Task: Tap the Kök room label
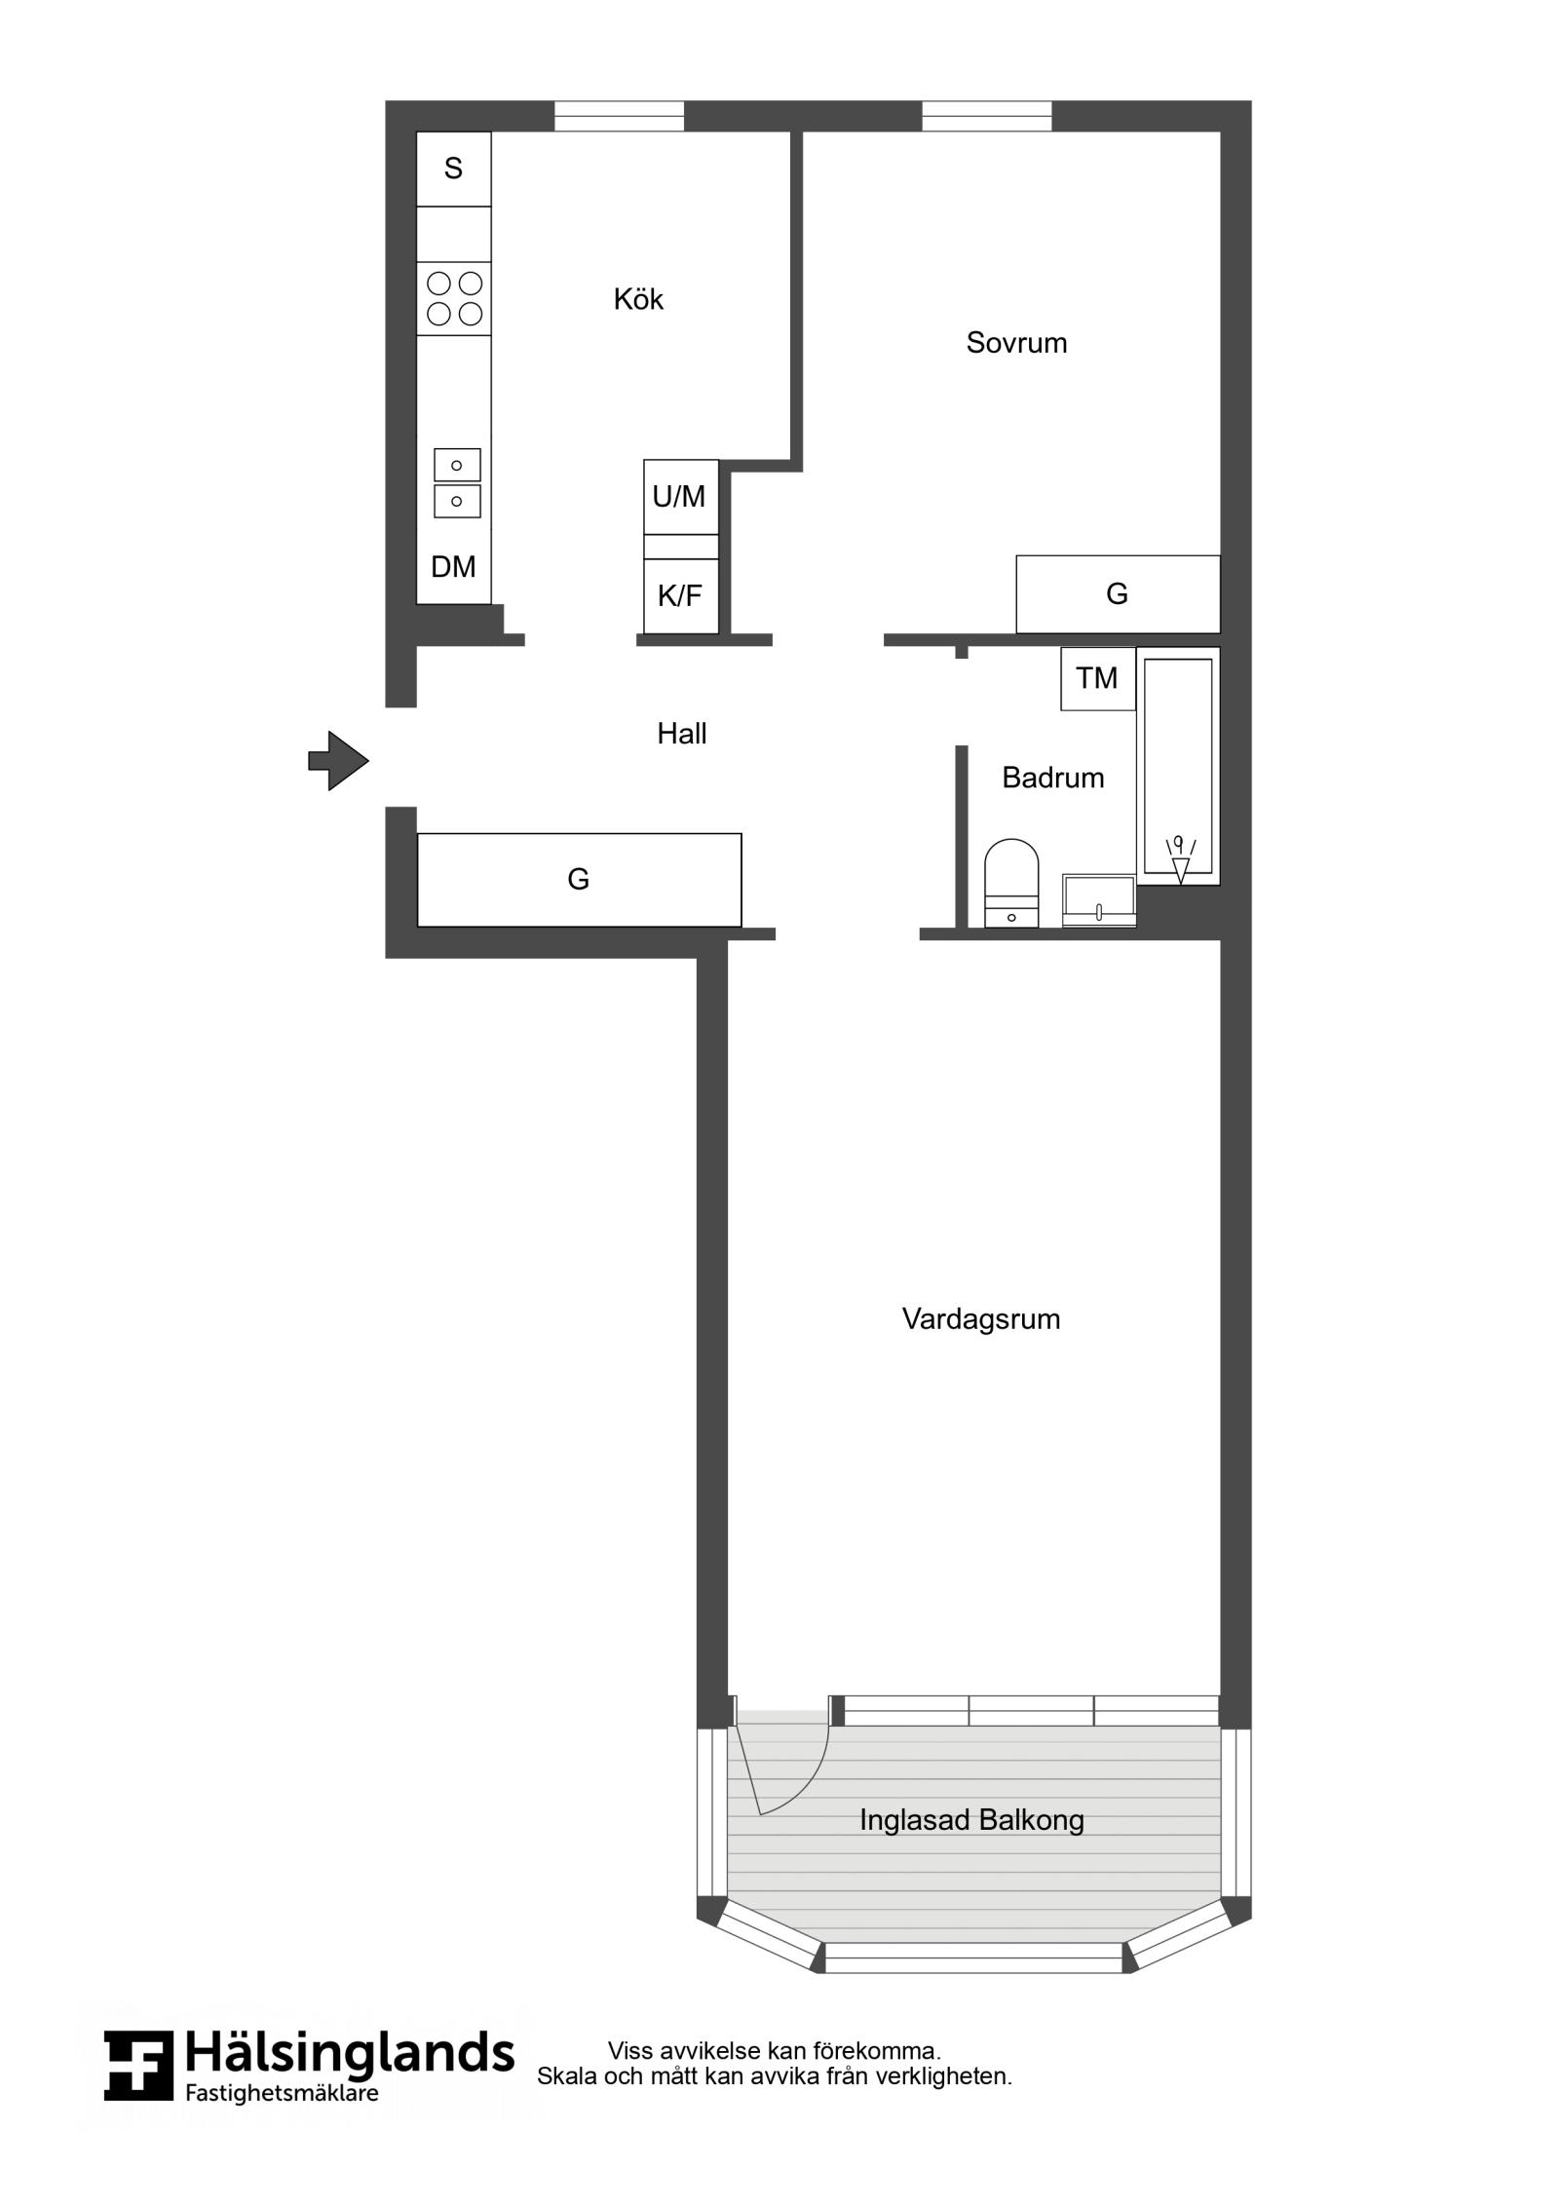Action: pos(638,299)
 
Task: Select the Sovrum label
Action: pos(1016,343)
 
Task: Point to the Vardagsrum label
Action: pos(980,1319)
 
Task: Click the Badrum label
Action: pos(1052,778)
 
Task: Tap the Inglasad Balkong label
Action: pos(971,1820)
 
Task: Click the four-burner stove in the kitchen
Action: pos(454,299)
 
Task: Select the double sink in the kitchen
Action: pos(456,483)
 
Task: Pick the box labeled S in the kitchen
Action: pos(454,169)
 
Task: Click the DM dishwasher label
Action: pos(453,567)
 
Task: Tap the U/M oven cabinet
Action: pos(681,497)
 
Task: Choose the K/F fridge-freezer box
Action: pos(681,595)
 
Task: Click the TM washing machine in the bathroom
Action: pos(1098,678)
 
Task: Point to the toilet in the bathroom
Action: pos(1011,883)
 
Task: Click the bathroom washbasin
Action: pos(1099,899)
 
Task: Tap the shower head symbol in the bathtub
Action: pos(1181,858)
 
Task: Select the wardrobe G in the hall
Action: pos(579,880)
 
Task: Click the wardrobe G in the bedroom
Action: pos(1118,594)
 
